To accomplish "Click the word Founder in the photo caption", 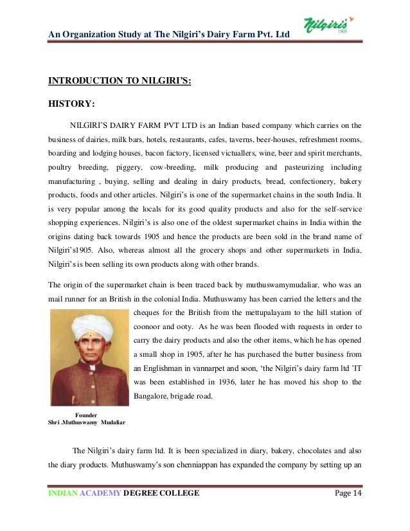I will [x=87, y=414].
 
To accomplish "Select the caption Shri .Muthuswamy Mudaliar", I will [x=87, y=422].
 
